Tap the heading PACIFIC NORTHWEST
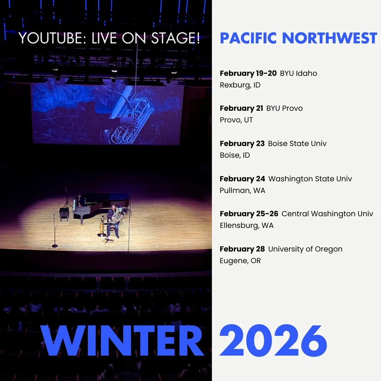point(298,38)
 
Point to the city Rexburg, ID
point(240,85)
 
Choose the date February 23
point(242,144)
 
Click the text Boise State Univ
point(297,144)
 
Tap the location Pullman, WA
point(242,190)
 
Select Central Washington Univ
point(327,214)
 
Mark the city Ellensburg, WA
point(247,225)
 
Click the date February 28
point(242,249)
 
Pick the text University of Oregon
point(305,249)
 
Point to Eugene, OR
point(240,261)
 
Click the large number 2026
point(273,340)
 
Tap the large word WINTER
point(122,340)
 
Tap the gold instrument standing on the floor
point(102,228)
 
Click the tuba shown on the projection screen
point(131,116)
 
